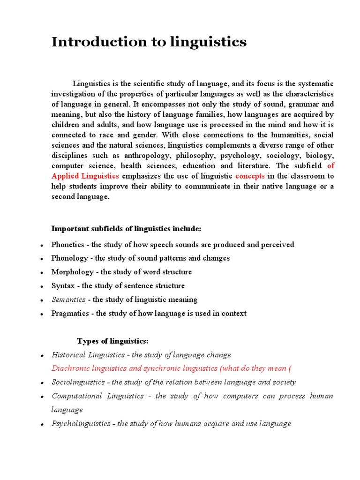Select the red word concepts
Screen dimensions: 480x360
(x=250, y=176)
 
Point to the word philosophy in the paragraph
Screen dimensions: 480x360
(x=194, y=156)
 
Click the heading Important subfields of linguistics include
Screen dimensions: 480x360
(x=126, y=229)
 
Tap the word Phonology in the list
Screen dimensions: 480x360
(x=69, y=258)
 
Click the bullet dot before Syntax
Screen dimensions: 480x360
(x=42, y=286)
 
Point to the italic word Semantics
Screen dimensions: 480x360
(x=68, y=300)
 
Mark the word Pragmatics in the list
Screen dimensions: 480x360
(x=71, y=314)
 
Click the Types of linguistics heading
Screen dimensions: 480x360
(x=112, y=341)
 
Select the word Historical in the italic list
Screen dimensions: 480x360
(x=68, y=355)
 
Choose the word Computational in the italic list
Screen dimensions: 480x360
(x=77, y=396)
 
